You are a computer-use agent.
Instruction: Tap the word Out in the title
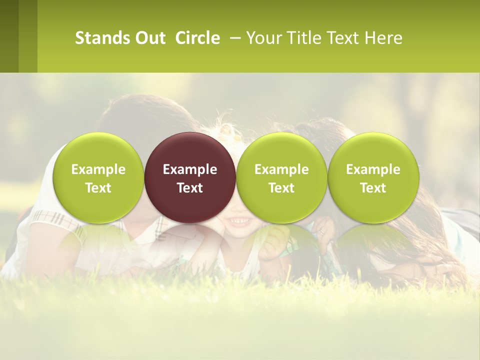[x=149, y=38]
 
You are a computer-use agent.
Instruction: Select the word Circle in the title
[x=197, y=38]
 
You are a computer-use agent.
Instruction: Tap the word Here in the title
[x=383, y=38]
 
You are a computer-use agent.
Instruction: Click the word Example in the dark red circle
[x=190, y=169]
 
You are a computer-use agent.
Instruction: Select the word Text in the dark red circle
[x=190, y=188]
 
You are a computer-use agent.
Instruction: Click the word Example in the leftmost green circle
[x=98, y=169]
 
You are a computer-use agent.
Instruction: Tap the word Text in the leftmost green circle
[x=98, y=188]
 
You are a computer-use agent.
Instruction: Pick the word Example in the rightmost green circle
[x=373, y=169]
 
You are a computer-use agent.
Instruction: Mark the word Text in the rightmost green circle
[x=373, y=188]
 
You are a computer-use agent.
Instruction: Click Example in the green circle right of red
[x=281, y=169]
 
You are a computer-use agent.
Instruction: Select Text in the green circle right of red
[x=281, y=188]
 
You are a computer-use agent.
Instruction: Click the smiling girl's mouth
[x=240, y=220]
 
